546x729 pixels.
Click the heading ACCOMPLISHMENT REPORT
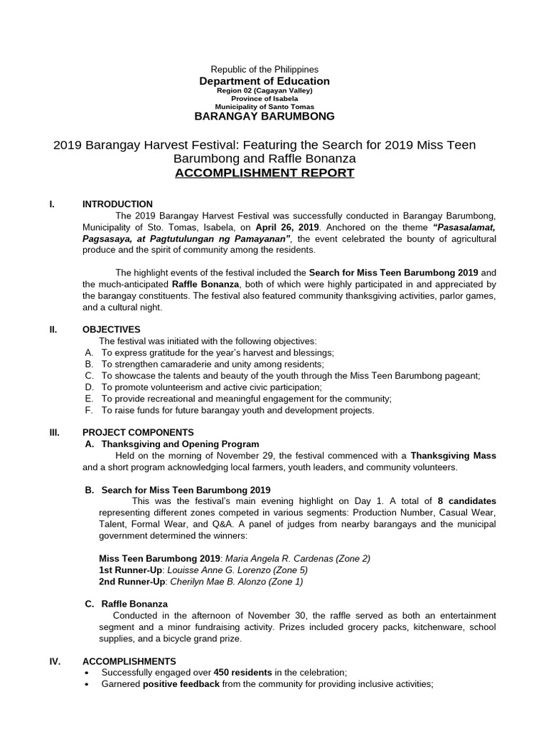(x=264, y=173)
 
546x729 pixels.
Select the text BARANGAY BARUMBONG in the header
(x=264, y=116)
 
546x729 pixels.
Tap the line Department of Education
(x=264, y=81)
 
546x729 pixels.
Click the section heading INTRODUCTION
(x=117, y=204)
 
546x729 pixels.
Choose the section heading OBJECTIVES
(x=112, y=329)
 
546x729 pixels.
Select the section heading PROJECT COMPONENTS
(x=138, y=432)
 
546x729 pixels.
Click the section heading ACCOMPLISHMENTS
(x=129, y=661)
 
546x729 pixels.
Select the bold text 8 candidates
(x=467, y=500)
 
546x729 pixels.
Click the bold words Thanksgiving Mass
(x=454, y=455)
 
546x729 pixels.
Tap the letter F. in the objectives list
(x=88, y=410)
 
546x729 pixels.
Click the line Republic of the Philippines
(x=264, y=69)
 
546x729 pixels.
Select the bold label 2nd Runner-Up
(x=133, y=581)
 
